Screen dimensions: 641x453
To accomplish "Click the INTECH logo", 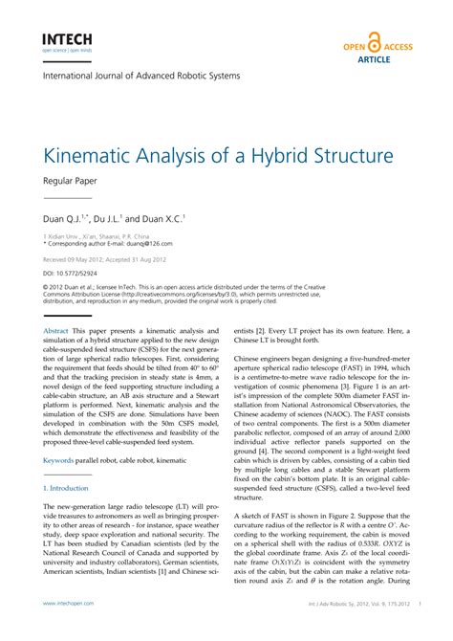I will click(64, 40).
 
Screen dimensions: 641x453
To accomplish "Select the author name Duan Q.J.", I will click(63, 217).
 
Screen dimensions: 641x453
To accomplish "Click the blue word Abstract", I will click(55, 330).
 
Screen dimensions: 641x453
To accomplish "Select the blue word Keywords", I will click(58, 460).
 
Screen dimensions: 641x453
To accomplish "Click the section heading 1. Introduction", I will click(65, 488).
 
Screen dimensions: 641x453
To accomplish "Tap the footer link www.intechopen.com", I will click(68, 604).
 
